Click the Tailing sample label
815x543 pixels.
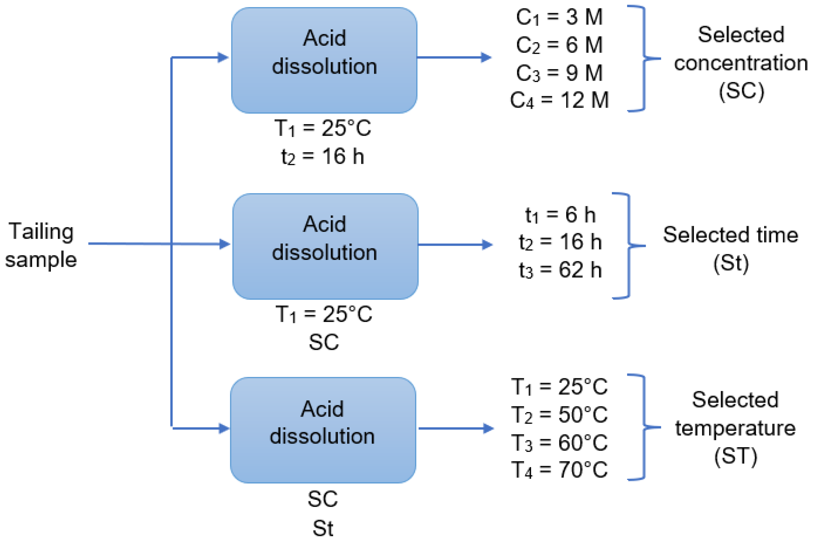pos(41,245)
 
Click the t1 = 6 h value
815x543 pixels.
pos(560,215)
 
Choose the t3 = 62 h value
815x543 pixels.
pos(560,270)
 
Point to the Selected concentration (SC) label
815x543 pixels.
pos(741,63)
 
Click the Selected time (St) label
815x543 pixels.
pos(730,249)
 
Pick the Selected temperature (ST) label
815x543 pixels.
pos(735,428)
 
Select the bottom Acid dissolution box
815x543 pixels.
pos(323,430)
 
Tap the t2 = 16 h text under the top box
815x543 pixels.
pos(323,157)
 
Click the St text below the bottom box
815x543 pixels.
pos(323,529)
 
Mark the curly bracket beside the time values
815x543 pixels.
pos(628,245)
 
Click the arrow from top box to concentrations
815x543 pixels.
pos(454,57)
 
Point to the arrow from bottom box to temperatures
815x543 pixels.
pos(456,428)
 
